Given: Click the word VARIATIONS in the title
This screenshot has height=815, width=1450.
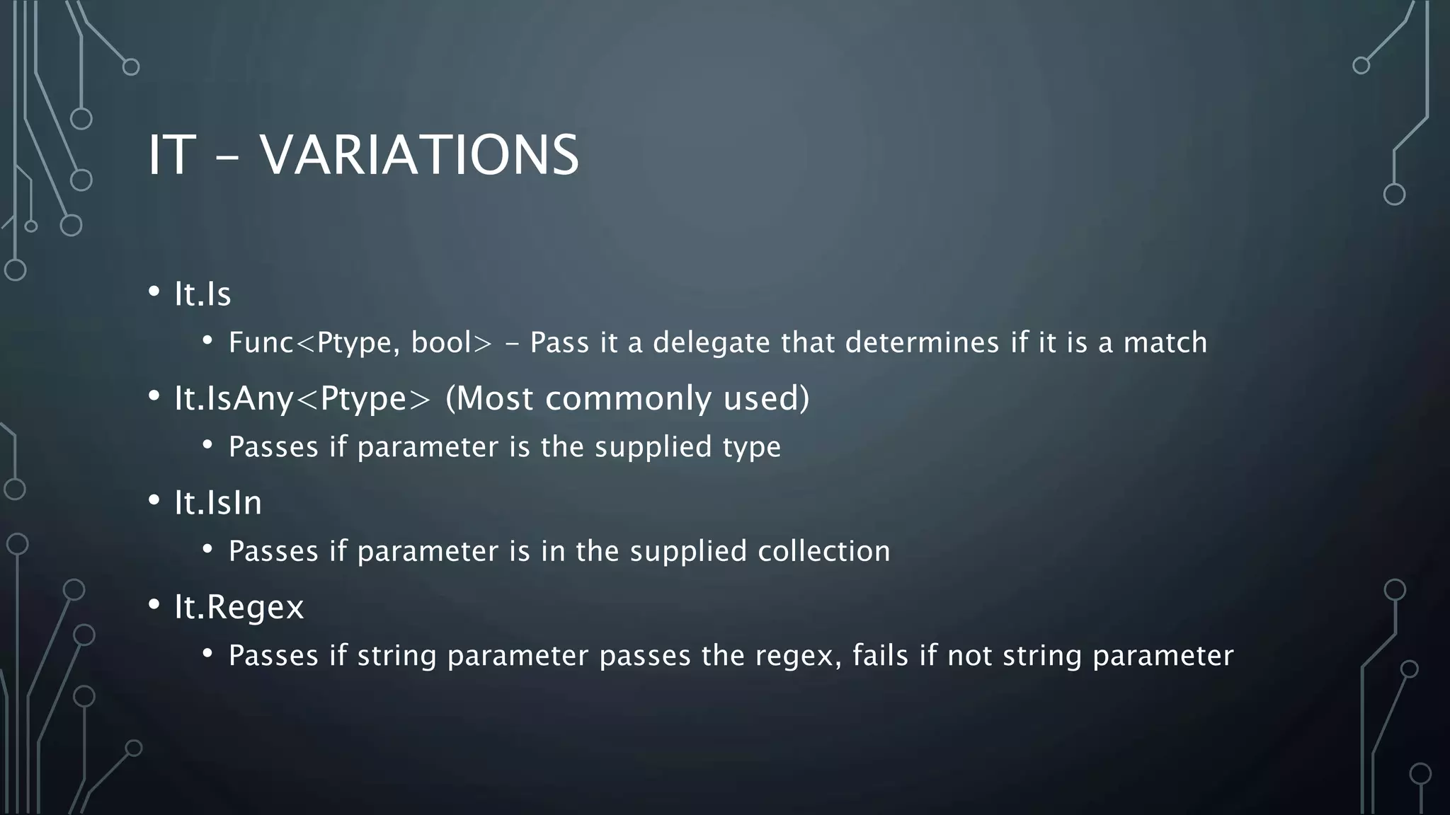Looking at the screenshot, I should [x=419, y=156].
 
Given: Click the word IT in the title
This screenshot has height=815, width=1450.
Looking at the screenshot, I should [x=171, y=156].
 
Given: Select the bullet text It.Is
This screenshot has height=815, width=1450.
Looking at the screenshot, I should [x=202, y=294].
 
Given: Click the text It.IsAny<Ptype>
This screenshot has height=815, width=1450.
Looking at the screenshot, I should [x=302, y=399].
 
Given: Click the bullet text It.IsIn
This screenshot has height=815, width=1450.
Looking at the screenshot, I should [x=218, y=503].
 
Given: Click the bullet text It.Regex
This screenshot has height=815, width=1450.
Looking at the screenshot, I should [x=239, y=608].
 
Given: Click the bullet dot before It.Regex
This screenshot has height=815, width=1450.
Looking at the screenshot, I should [x=154, y=605].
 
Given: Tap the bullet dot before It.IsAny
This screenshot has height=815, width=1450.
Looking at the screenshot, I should [x=154, y=396].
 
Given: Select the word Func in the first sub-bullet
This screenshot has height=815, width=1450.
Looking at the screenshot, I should [x=261, y=343].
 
